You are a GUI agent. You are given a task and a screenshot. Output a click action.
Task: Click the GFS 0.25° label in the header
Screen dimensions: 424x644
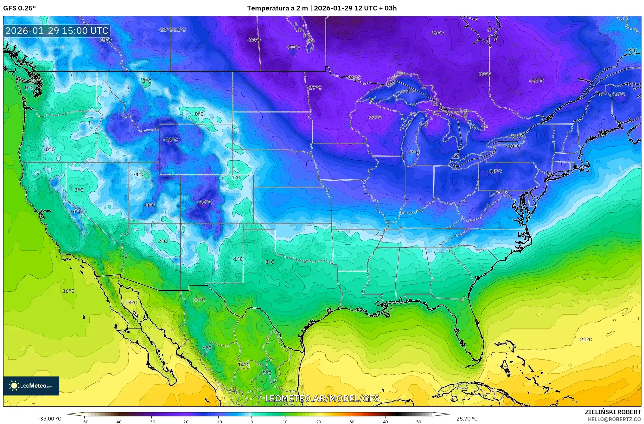click(x=19, y=8)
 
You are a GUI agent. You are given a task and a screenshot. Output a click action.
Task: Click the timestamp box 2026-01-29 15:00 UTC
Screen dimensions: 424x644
click(x=57, y=31)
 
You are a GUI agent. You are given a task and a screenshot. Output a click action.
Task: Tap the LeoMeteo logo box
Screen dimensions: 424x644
click(x=31, y=386)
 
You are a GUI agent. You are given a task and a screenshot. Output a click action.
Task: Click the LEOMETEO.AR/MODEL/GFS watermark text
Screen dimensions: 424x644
click(x=322, y=398)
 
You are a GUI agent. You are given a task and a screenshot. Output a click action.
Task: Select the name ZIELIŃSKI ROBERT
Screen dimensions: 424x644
click(x=613, y=412)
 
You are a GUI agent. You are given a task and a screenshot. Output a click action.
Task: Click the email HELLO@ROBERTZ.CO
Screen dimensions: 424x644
click(x=614, y=419)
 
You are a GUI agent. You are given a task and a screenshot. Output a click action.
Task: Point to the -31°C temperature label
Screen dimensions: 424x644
click(x=254, y=40)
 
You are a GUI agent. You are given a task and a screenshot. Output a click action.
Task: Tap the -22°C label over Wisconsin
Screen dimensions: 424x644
click(x=374, y=117)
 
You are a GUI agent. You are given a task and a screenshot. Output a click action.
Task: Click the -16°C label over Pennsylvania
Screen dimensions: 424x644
click(x=495, y=171)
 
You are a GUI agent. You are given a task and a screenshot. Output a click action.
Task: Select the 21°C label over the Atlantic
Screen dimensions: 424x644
click(x=586, y=339)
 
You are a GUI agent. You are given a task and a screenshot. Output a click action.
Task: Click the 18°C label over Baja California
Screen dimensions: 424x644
click(x=131, y=303)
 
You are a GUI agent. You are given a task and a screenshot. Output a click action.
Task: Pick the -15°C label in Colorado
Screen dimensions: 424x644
click(x=204, y=202)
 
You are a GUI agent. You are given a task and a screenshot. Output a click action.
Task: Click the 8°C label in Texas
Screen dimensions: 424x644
click(x=270, y=262)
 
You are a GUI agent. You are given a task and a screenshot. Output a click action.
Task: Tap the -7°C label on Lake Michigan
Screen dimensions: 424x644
click(x=413, y=152)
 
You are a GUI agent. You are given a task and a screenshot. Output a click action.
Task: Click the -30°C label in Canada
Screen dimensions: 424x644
click(x=484, y=74)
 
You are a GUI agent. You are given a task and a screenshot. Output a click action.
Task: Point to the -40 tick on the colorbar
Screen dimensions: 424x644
click(x=118, y=421)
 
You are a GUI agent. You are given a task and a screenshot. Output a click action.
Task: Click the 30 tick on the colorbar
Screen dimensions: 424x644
click(x=352, y=421)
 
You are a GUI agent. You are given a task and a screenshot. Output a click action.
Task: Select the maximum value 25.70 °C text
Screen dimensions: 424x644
click(x=467, y=419)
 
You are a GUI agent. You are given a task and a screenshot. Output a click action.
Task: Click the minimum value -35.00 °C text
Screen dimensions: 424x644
click(x=50, y=419)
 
